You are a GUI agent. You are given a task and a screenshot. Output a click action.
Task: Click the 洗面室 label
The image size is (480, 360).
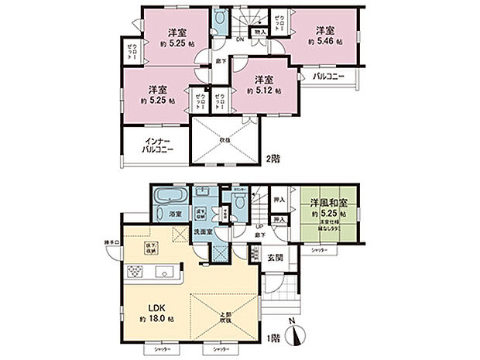204,231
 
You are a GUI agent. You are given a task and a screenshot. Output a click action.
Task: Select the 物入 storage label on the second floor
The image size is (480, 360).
260,33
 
